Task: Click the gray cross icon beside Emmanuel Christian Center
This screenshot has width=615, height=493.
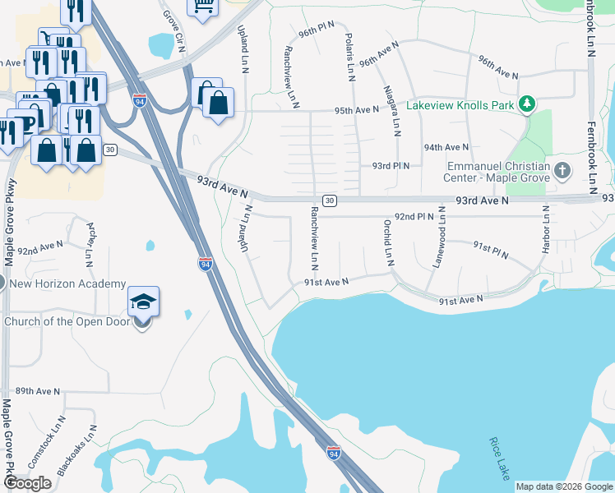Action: coord(562,171)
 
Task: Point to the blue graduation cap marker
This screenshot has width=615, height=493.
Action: coord(143,302)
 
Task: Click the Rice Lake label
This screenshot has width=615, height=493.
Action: coord(499,458)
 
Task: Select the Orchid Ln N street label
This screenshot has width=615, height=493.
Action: coord(387,242)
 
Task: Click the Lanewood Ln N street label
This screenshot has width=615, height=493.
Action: coord(440,237)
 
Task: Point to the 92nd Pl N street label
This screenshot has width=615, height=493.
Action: coord(414,216)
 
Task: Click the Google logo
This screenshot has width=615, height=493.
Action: coord(28,483)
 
